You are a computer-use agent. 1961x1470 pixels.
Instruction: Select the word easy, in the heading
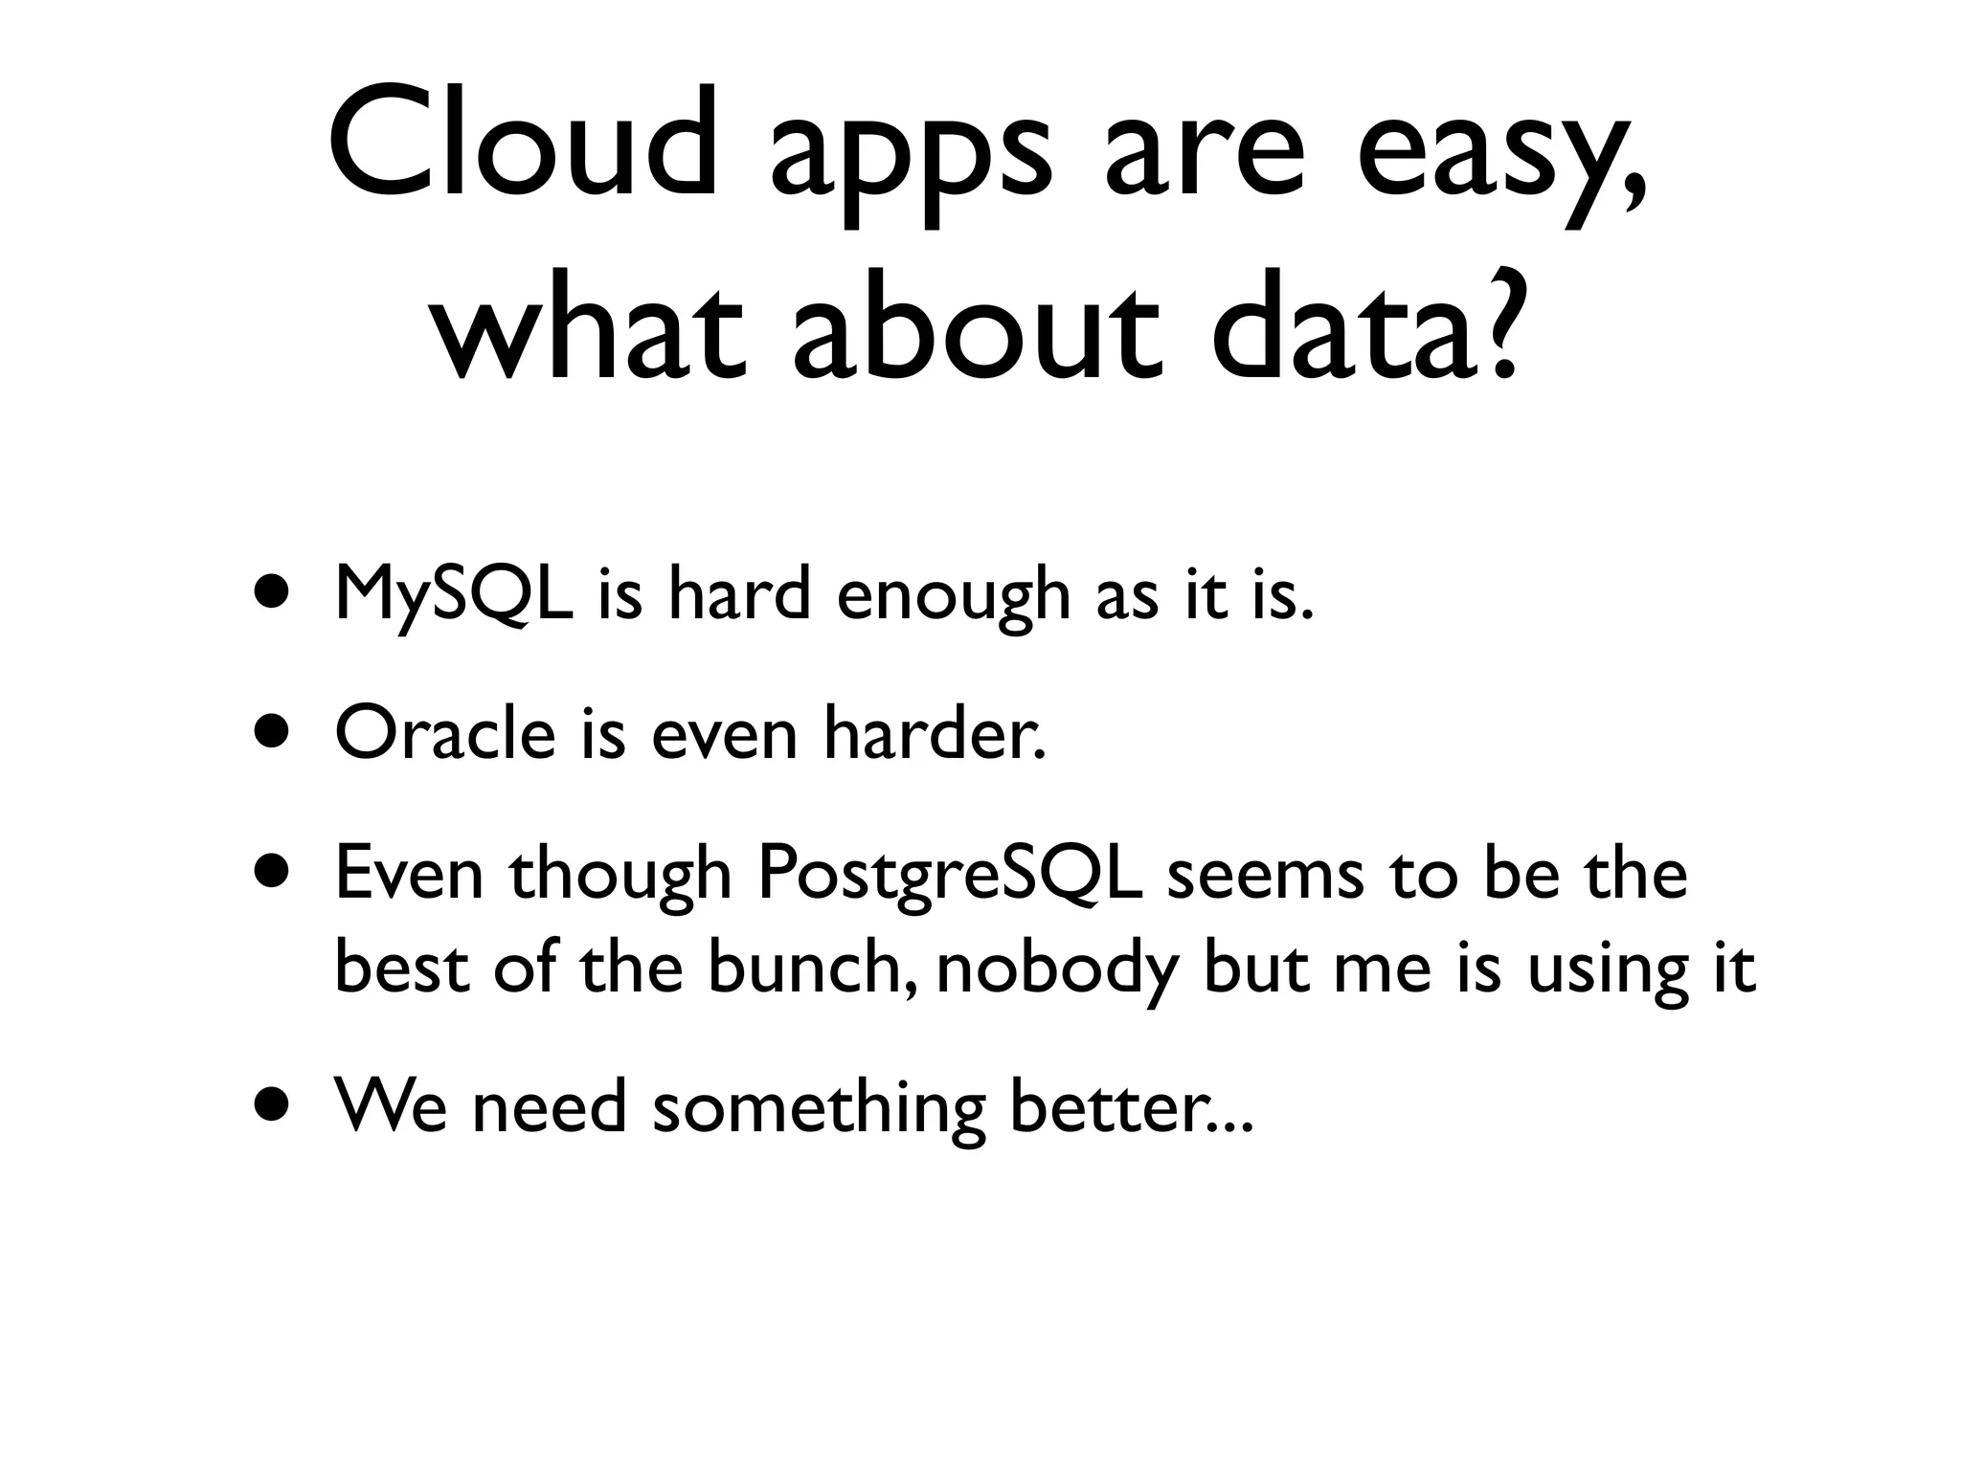click(x=1500, y=158)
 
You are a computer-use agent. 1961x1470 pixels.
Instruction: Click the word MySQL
click(x=455, y=595)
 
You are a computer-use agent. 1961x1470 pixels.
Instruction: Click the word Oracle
click(x=445, y=735)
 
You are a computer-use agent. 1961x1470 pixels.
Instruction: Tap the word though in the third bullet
click(x=620, y=877)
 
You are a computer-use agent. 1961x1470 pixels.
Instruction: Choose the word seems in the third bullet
click(x=1265, y=877)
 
